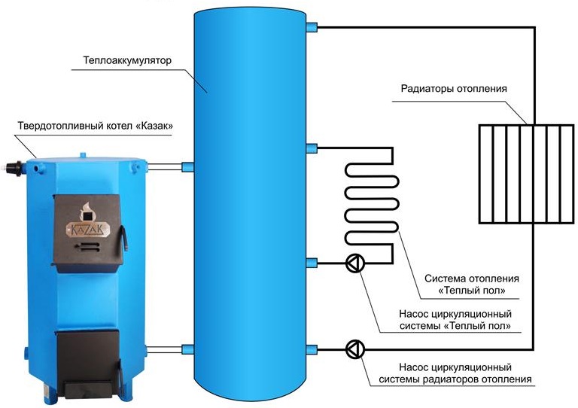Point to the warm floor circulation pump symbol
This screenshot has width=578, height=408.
coord(354,263)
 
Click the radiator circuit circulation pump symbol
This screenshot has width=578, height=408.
coord(354,349)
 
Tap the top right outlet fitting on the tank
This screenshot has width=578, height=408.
coord(312,29)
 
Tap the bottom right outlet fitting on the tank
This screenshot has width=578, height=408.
coord(312,348)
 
